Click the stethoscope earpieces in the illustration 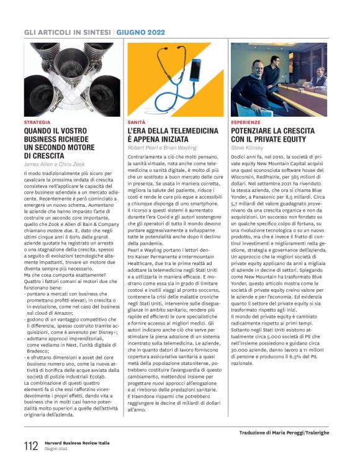point(151,53)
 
